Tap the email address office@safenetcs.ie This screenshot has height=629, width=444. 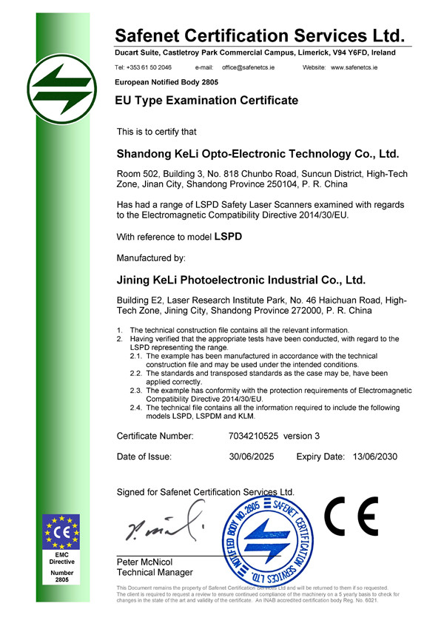click(x=254, y=67)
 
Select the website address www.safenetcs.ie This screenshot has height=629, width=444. click(x=354, y=67)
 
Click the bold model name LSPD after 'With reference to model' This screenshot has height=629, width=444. click(x=228, y=238)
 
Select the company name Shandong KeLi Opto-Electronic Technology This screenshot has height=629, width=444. click(x=258, y=155)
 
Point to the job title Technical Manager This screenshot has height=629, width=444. click(x=155, y=573)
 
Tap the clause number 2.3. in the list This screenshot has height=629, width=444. click(x=136, y=390)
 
